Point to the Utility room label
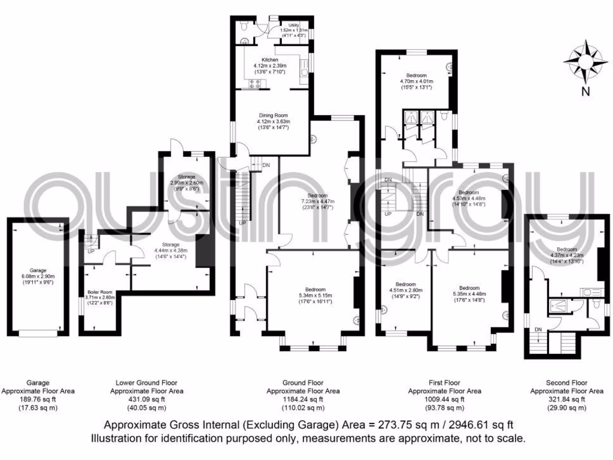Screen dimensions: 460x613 click(x=293, y=25)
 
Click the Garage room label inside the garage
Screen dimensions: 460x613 click(x=38, y=270)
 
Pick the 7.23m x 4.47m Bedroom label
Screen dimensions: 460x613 click(x=317, y=196)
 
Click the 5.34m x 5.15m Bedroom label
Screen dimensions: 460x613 click(x=315, y=289)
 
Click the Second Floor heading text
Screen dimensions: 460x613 click(x=566, y=382)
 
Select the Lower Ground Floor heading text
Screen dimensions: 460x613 click(x=146, y=382)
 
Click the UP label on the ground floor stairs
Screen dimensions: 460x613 click(x=242, y=223)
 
